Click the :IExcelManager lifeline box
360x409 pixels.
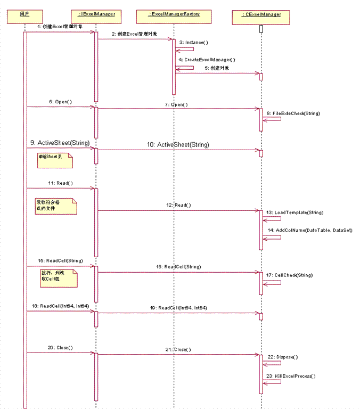tap(96, 14)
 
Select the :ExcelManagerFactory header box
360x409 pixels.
tap(174, 14)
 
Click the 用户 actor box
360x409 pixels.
tap(24, 14)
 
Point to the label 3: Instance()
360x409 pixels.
tap(194, 42)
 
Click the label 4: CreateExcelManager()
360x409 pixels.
tap(207, 60)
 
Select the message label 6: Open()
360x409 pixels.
tap(60, 102)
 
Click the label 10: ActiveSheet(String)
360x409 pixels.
tap(178, 144)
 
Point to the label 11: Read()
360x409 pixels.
tap(60, 183)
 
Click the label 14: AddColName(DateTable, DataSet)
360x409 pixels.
tap(310, 230)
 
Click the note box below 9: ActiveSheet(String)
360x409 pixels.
tap(54, 160)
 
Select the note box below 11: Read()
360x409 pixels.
tap(56, 206)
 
